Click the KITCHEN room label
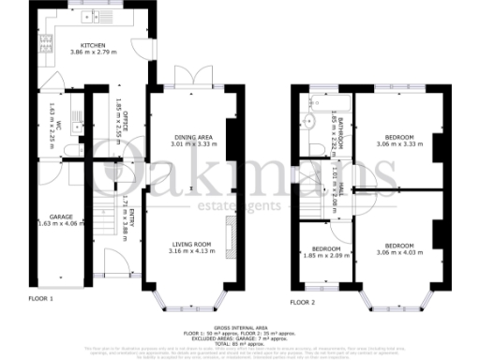(x=92, y=44)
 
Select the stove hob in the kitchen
(x=43, y=42)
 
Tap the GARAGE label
(x=61, y=217)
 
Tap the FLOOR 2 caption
(x=302, y=302)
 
